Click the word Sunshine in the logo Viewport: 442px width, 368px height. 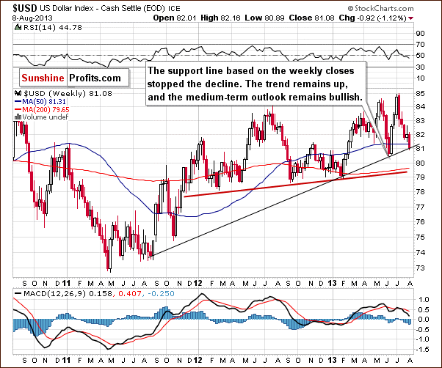click(43, 76)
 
